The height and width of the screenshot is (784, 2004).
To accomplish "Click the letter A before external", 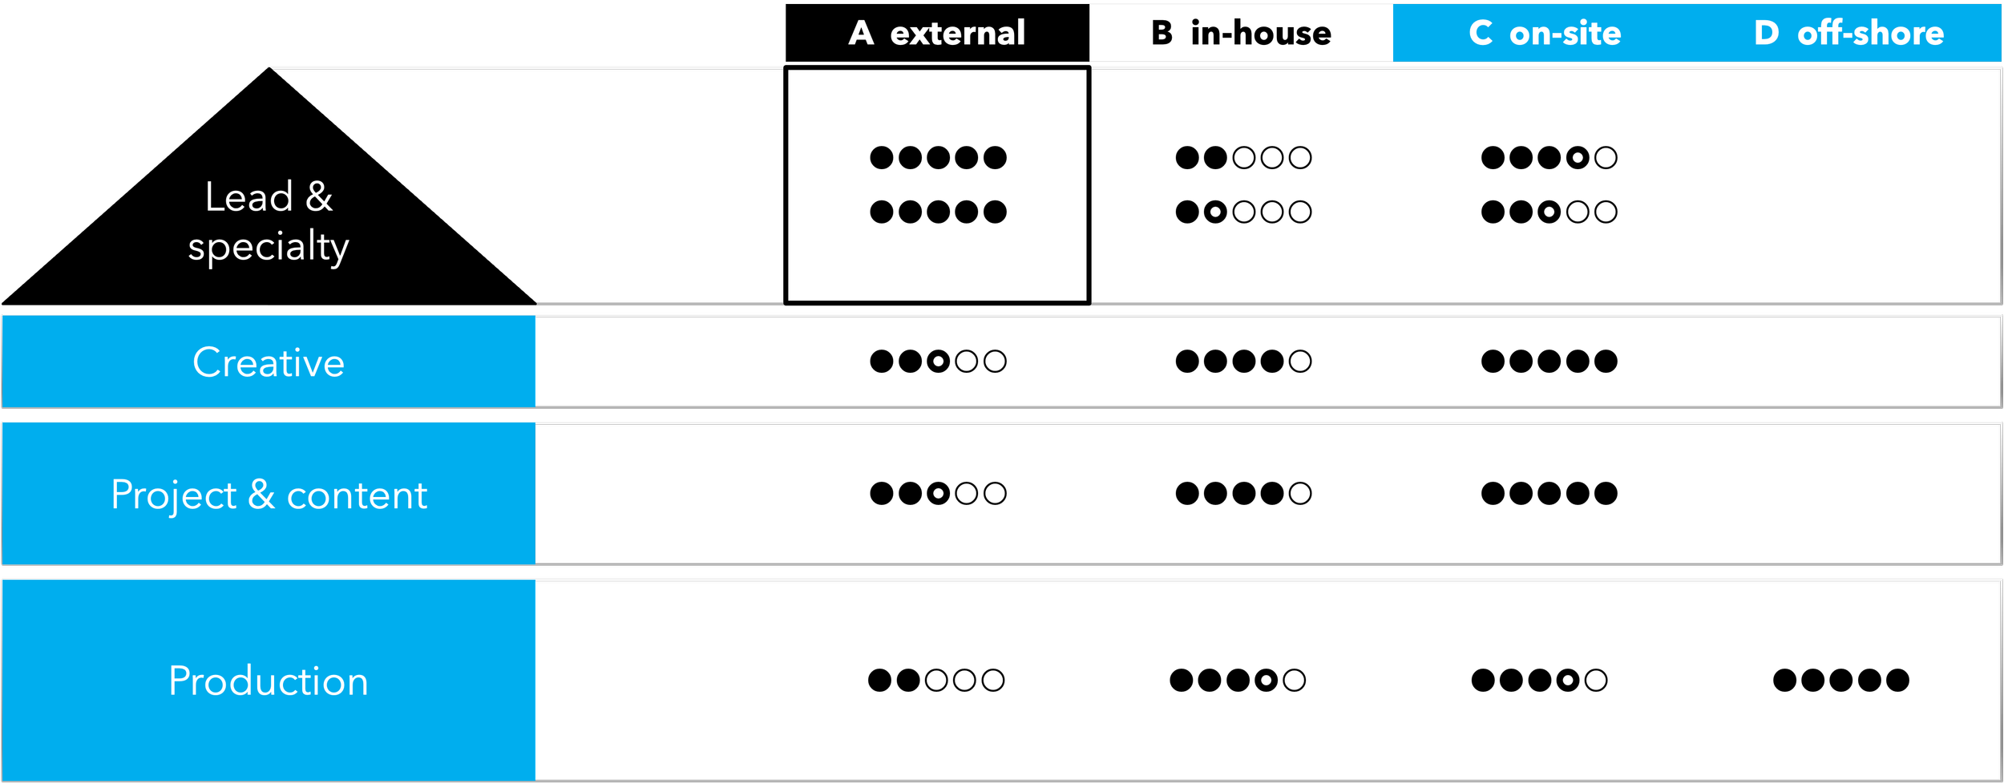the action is [861, 34].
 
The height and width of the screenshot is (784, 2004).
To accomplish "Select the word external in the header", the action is [957, 34].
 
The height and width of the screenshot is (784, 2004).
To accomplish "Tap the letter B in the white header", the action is [1162, 34].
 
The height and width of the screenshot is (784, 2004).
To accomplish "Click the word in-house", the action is [1261, 34].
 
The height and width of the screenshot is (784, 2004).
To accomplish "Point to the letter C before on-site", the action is [1481, 34].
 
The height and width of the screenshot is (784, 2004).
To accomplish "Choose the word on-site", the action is [1565, 34].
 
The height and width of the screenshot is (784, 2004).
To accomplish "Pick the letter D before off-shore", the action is [1767, 34].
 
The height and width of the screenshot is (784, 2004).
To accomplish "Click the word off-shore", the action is [1870, 34].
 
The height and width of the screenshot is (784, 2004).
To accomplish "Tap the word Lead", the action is [248, 197].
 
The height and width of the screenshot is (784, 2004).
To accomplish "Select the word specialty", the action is [269, 247].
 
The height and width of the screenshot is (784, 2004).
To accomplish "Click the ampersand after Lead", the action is [319, 197].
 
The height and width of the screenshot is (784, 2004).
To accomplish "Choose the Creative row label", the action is [269, 362].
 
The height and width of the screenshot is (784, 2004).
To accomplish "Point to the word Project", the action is [174, 495].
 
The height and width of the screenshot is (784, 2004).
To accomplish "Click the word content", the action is [357, 495].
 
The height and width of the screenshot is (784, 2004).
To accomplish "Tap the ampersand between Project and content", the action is [261, 495].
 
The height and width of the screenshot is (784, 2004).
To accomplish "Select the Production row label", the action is [269, 681].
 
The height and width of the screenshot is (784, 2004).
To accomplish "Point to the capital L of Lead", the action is [213, 197].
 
